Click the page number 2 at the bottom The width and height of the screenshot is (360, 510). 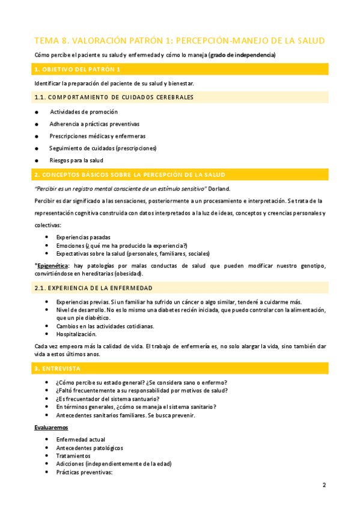click(324, 485)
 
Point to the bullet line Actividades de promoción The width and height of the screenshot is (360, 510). click(84, 112)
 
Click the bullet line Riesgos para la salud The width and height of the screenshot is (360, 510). click(76, 161)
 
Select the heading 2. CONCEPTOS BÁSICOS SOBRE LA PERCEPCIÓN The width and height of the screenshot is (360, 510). click(130, 175)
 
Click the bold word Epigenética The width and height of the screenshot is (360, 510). click(52, 265)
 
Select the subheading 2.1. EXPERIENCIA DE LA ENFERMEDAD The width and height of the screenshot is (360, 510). click(94, 288)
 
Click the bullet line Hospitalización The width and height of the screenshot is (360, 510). click(76, 334)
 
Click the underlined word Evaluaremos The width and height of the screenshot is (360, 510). click(51, 427)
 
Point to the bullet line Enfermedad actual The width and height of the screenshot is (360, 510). click(81, 440)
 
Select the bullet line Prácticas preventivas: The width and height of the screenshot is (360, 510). click(85, 472)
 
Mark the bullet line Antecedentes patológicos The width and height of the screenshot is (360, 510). click(90, 448)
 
